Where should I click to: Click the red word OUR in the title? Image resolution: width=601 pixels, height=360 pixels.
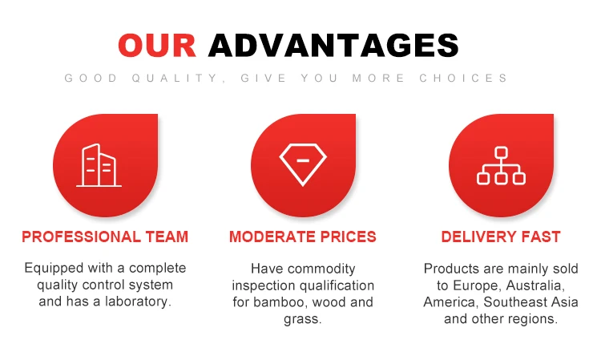(x=157, y=45)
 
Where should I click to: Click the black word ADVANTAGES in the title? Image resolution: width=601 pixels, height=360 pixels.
(x=333, y=45)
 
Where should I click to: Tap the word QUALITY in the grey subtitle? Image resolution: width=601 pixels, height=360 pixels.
(x=177, y=79)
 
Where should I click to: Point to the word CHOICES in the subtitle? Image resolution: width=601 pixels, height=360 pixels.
(x=463, y=79)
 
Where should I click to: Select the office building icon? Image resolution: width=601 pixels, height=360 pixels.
(x=99, y=165)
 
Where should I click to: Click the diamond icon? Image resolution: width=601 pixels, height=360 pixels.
(x=303, y=165)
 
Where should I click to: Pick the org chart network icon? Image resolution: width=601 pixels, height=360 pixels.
(x=501, y=165)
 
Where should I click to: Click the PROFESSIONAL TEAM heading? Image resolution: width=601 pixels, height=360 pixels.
(x=105, y=237)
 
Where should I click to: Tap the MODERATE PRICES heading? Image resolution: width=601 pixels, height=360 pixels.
(x=303, y=237)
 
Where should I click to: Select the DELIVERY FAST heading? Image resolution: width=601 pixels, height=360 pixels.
(x=501, y=237)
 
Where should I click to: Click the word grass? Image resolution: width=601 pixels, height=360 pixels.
(x=302, y=319)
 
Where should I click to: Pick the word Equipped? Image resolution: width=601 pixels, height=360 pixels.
(x=54, y=268)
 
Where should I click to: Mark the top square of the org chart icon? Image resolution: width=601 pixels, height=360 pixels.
(x=501, y=152)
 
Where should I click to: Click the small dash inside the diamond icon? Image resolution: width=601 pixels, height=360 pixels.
(x=303, y=160)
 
